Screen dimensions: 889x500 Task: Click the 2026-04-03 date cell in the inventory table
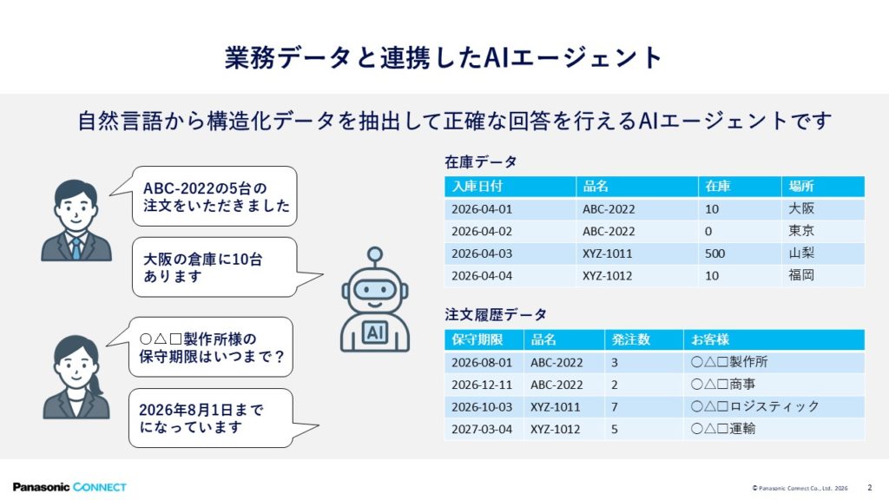pyautogui.click(x=481, y=253)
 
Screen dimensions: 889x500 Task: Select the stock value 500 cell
pyautogui.click(x=715, y=253)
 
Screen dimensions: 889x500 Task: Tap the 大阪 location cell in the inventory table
pyautogui.click(x=801, y=208)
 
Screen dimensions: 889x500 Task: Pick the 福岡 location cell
pyautogui.click(x=801, y=275)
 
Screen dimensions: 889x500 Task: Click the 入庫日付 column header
pyautogui.click(x=477, y=186)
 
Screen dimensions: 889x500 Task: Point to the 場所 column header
pyautogui.click(x=801, y=186)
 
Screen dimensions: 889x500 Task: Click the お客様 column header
pyautogui.click(x=710, y=339)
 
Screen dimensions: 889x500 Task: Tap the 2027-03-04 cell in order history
pyautogui.click(x=481, y=429)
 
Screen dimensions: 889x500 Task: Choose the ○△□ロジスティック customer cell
pyautogui.click(x=755, y=406)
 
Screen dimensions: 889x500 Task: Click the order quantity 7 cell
pyautogui.click(x=615, y=407)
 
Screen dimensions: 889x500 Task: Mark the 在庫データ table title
pyautogui.click(x=481, y=162)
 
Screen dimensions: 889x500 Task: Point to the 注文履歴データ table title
pyautogui.click(x=496, y=314)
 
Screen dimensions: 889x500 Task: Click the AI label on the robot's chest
pyautogui.click(x=375, y=332)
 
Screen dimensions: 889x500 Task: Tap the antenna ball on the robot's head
pyautogui.click(x=375, y=254)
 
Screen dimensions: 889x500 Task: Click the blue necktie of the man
pyautogui.click(x=76, y=248)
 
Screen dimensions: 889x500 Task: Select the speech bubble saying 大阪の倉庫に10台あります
pyautogui.click(x=215, y=267)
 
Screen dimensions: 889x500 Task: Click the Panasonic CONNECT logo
pyautogui.click(x=69, y=487)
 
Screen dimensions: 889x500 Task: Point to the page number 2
pyautogui.click(x=870, y=488)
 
